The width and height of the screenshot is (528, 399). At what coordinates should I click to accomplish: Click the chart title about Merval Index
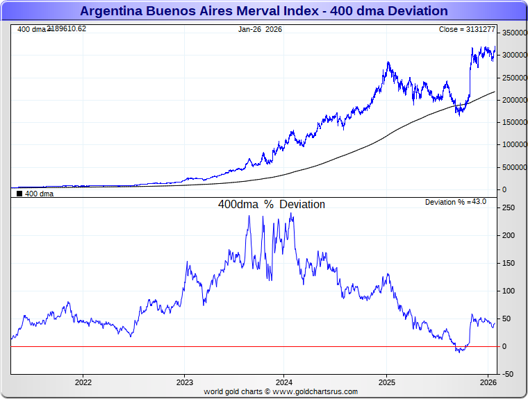coord(264,11)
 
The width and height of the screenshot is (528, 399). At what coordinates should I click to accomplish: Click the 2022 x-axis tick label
coord(83,382)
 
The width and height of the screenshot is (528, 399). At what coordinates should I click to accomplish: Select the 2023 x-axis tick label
coord(184,382)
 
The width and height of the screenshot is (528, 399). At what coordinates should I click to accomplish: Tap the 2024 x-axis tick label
coord(284,382)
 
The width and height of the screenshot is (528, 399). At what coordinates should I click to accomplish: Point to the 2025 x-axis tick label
coord(388,382)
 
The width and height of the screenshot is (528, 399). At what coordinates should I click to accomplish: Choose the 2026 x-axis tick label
coord(488,382)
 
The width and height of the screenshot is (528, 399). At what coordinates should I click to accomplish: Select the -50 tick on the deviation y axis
coord(508,374)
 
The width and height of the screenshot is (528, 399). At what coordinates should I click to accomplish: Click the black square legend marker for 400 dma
coord(19,194)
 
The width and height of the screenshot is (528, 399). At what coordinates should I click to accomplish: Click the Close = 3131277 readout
coord(467,29)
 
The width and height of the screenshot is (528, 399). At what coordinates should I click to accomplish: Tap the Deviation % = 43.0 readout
coord(456,202)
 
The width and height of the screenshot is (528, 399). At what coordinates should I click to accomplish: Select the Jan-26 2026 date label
coord(260,29)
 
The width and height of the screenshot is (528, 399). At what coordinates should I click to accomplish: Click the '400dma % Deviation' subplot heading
coord(272,205)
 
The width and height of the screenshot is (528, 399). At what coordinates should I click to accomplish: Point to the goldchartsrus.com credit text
coord(281,392)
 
